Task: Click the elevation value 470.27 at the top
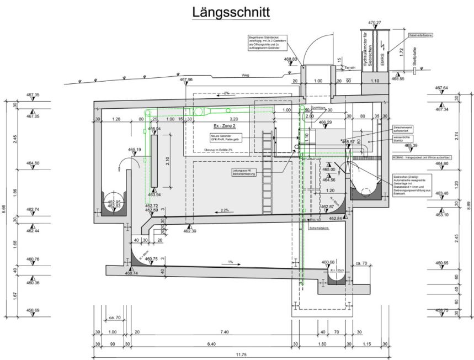375,23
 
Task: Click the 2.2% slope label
224,210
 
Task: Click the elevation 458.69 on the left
33,310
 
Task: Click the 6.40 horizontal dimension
212,344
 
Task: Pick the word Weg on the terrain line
246,75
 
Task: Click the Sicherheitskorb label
319,227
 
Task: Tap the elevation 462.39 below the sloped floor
189,231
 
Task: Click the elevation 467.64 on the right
441,88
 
